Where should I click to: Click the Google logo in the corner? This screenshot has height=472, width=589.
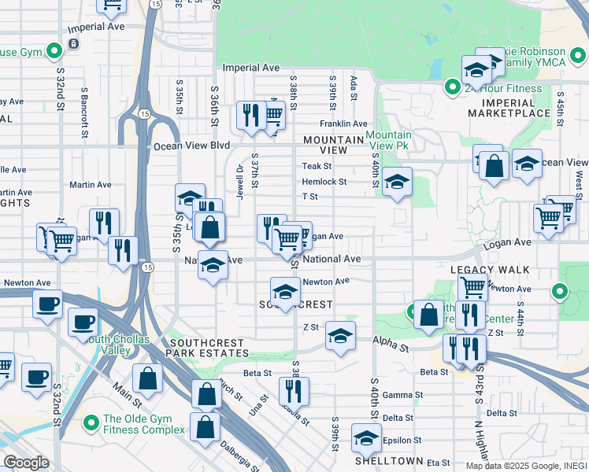pos(26,462)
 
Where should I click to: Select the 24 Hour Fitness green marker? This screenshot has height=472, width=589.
pos(453,87)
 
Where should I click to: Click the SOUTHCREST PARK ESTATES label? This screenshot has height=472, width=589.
pos(209,348)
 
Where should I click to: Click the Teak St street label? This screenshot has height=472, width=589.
pos(317,166)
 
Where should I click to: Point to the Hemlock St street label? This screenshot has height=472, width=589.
pos(324,181)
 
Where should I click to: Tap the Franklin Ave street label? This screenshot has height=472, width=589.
pos(343,124)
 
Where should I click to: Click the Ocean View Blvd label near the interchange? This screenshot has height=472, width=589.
pos(191,146)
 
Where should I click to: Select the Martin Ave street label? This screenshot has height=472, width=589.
pos(91,185)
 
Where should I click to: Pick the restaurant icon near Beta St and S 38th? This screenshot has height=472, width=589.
pos(294,389)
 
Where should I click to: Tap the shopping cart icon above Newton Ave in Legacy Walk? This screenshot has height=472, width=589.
pos(472,286)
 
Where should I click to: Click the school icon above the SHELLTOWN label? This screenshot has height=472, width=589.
pos(365,437)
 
